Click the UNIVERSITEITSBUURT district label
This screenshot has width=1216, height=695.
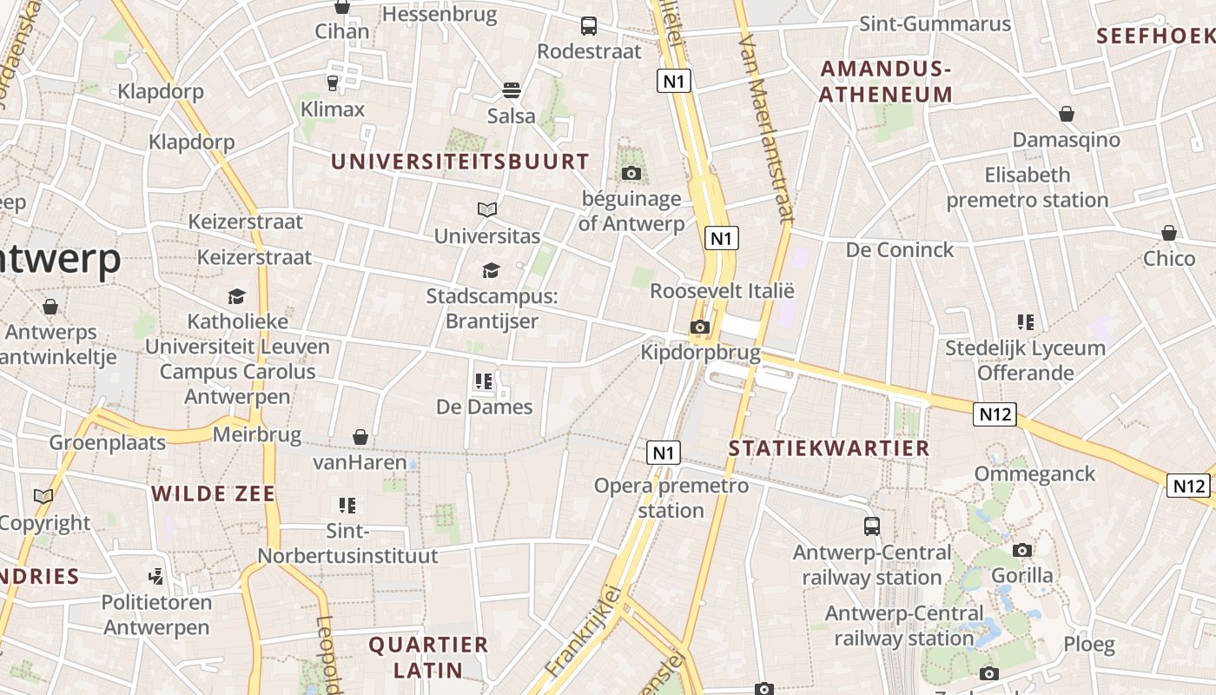tap(459, 162)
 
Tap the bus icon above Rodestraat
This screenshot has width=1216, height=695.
tap(589, 26)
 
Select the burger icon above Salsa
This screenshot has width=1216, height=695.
tap(511, 90)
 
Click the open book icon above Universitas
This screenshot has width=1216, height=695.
tap(487, 209)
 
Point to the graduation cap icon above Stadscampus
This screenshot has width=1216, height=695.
tap(491, 270)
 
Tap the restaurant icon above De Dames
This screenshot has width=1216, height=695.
tap(484, 381)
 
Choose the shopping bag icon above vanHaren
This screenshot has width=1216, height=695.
tap(360, 436)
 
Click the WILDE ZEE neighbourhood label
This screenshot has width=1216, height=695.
tap(213, 494)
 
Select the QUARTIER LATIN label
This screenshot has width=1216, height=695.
tap(428, 657)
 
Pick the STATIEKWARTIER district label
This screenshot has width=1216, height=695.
tap(829, 448)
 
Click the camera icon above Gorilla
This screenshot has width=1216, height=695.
tap(1022, 550)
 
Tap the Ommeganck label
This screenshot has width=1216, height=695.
tap(1034, 474)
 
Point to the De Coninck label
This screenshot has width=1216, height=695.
tap(900, 250)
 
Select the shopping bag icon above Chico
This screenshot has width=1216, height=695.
tap(1169, 233)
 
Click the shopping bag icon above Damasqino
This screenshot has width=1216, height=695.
tap(1067, 114)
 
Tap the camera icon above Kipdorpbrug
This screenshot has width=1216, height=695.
tap(699, 328)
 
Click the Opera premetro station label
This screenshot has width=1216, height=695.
tap(671, 498)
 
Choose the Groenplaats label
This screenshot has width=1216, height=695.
tap(107, 442)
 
